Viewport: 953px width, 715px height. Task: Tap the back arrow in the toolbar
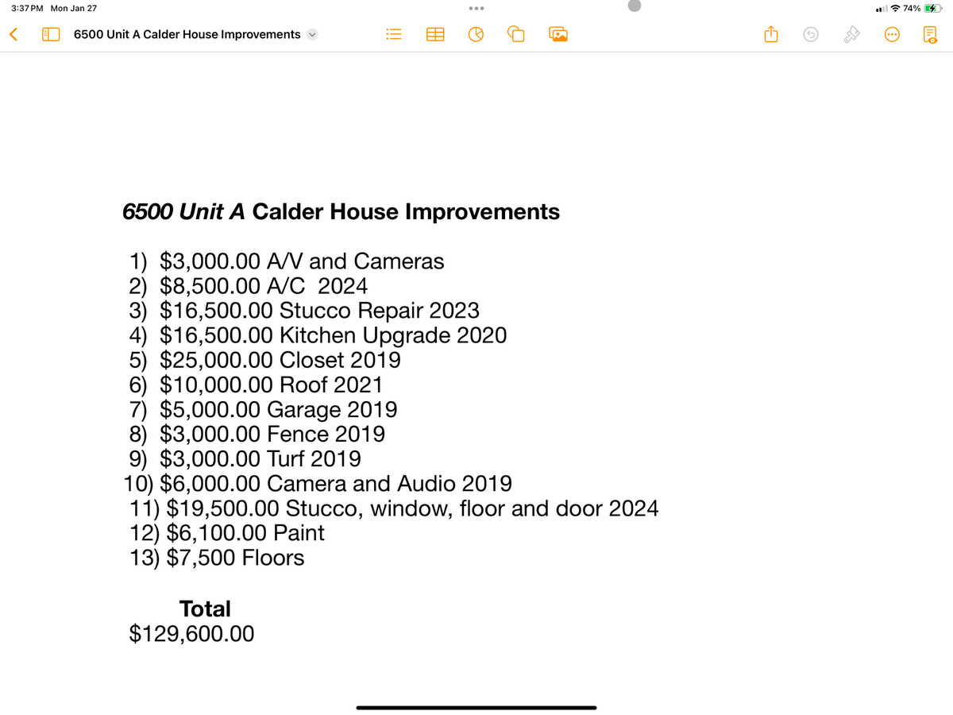pos(12,34)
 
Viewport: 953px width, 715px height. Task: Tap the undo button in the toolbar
pos(810,35)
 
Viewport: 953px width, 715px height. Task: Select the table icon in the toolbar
pos(435,35)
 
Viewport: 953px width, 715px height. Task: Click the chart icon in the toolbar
pos(476,35)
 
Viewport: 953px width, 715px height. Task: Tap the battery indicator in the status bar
pos(932,8)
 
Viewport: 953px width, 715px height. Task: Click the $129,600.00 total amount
pos(191,633)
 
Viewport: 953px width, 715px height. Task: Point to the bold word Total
pos(205,609)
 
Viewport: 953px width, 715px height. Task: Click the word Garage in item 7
pos(306,410)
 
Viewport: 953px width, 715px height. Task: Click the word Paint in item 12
pos(299,533)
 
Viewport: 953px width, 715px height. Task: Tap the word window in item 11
pos(411,508)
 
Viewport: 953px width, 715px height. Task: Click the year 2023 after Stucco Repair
pos(453,310)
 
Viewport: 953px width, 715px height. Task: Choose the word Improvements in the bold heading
pos(482,212)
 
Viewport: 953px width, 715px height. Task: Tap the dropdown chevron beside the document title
pos(312,35)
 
